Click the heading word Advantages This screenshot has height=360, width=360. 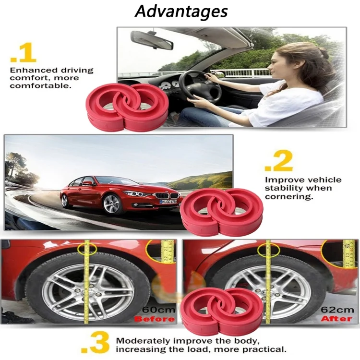pos(181,11)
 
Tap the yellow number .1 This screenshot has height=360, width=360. pos(23,53)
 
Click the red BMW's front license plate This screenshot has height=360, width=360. pos(168,201)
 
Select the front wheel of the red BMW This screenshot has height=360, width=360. pos(111,204)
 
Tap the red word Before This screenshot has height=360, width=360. pos(154,319)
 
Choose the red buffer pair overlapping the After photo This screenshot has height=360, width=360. pos(222,312)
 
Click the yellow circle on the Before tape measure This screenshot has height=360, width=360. pos(87,249)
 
